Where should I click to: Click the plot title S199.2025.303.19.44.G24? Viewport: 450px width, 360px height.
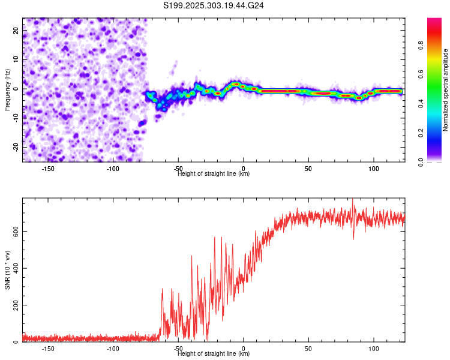click(x=214, y=6)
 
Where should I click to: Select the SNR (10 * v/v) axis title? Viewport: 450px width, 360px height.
click(x=8, y=270)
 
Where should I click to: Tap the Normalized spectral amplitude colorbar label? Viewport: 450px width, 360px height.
click(x=446, y=90)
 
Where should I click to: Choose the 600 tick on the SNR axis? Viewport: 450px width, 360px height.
click(x=14, y=230)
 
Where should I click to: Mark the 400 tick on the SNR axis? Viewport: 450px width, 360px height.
click(x=14, y=268)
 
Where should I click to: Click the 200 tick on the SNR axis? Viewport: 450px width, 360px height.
click(x=14, y=305)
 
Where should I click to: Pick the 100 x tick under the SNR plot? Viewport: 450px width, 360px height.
click(x=374, y=349)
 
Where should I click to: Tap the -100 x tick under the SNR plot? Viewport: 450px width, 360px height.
click(x=113, y=349)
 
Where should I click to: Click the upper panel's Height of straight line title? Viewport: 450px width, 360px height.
click(x=214, y=173)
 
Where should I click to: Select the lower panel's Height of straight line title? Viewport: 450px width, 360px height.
click(x=214, y=354)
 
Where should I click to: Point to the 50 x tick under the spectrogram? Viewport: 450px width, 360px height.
click(x=308, y=168)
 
